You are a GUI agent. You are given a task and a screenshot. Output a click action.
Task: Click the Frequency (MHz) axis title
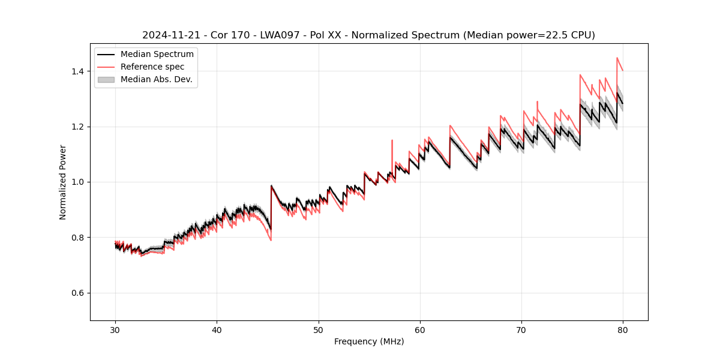point(369,341)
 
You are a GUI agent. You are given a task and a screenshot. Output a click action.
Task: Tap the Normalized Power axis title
point(63,182)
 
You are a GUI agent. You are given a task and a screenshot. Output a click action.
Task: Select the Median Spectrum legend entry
point(157,55)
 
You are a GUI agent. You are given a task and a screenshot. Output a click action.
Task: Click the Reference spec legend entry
point(152,67)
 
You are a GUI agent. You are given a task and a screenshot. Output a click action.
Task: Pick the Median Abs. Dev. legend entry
point(156,79)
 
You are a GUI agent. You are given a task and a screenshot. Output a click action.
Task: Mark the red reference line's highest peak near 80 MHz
point(617,58)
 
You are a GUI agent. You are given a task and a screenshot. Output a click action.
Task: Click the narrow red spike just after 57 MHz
point(392,141)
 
